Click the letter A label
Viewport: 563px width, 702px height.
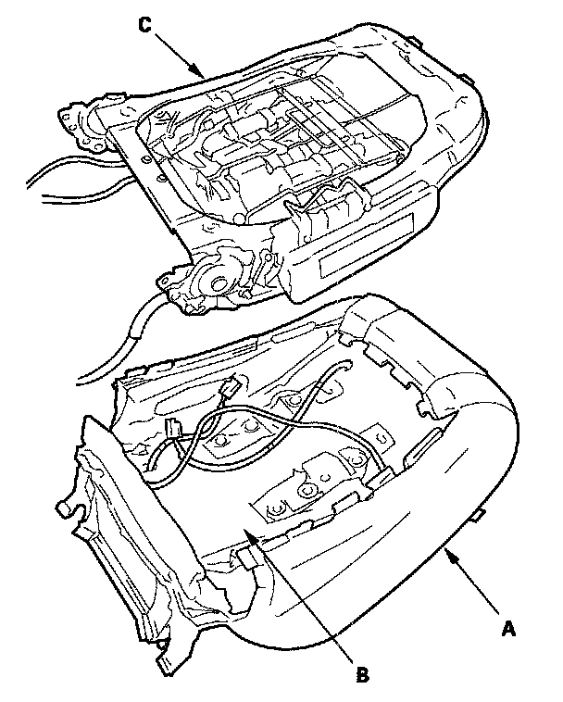pyautogui.click(x=507, y=629)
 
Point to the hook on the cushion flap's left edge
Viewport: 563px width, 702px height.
pyautogui.click(x=65, y=509)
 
